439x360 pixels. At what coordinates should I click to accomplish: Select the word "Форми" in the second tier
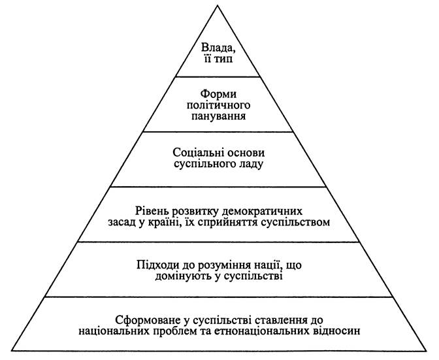(x=219, y=94)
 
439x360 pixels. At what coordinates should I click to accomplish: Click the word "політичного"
(x=218, y=105)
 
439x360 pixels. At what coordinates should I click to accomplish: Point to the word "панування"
(x=218, y=116)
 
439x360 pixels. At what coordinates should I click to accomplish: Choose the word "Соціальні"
(x=196, y=153)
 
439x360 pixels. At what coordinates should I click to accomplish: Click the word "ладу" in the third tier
(x=252, y=165)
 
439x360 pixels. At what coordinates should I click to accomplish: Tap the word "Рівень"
(x=152, y=211)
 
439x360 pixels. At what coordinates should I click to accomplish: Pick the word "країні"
(x=163, y=223)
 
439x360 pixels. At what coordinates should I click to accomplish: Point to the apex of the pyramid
(x=218, y=6)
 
